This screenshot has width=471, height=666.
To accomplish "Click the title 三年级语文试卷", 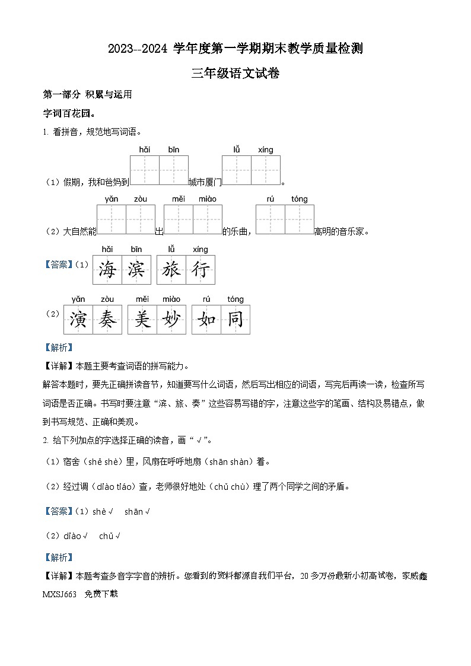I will [x=235, y=74].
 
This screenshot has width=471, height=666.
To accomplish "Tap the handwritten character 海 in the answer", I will [x=107, y=270].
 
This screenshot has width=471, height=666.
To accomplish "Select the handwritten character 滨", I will [x=136, y=270].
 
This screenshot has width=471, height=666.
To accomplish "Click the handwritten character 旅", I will [x=171, y=270].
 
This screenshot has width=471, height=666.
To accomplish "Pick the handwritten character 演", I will [x=78, y=320].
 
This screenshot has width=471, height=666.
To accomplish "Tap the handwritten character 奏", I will [x=107, y=320].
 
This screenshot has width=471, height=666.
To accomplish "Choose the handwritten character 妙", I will [x=171, y=320].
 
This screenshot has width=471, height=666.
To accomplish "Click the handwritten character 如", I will [x=206, y=320].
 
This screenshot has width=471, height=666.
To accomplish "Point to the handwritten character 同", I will [x=235, y=320].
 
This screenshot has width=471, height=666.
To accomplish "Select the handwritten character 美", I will [x=142, y=320].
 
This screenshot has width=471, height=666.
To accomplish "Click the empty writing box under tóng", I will [x=300, y=220].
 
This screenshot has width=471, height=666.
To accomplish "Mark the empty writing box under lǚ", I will [x=237, y=170].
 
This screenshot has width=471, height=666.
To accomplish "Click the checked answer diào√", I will [x=77, y=536].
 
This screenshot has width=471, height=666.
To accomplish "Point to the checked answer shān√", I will [x=137, y=512].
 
